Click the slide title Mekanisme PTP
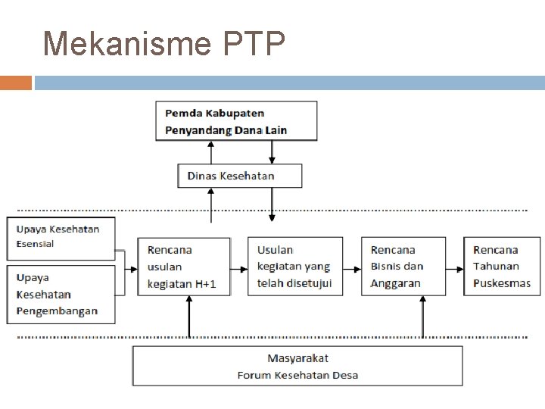click(x=164, y=45)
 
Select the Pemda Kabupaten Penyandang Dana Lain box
click(x=236, y=121)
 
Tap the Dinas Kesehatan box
click(x=239, y=176)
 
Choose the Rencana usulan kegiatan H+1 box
click(x=184, y=267)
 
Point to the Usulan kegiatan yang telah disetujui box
click(x=294, y=267)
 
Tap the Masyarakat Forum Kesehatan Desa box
click(x=297, y=367)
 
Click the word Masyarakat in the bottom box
click(x=297, y=358)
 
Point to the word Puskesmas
click(x=502, y=283)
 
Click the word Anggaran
click(x=395, y=283)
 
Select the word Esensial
click(x=36, y=244)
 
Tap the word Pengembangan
click(x=57, y=311)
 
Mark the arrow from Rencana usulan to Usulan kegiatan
click(x=239, y=267)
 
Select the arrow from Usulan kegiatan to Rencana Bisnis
click(x=352, y=267)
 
